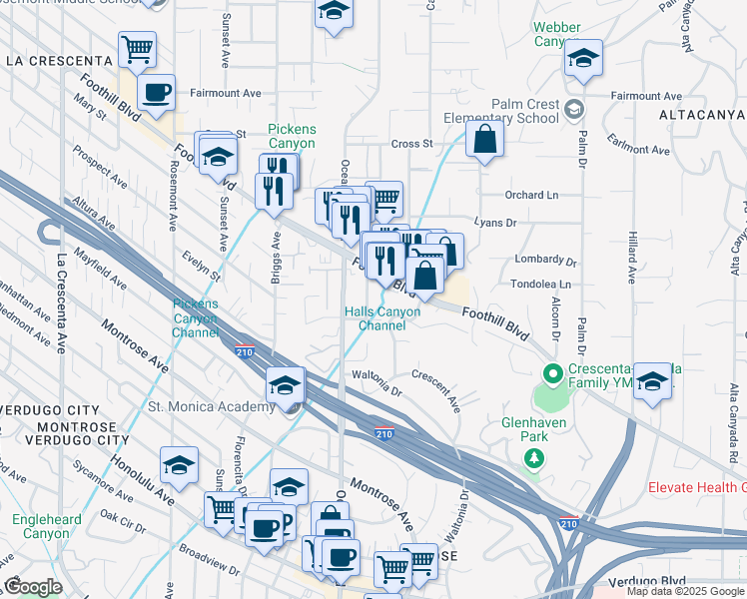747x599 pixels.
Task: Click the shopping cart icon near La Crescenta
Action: click(137, 48)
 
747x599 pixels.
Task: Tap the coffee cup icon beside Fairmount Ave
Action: click(156, 94)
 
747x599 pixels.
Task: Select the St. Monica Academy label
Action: click(211, 406)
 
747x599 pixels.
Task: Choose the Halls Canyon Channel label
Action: click(382, 318)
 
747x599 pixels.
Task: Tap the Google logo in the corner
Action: click(33, 587)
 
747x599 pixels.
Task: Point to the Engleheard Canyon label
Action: click(41, 527)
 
